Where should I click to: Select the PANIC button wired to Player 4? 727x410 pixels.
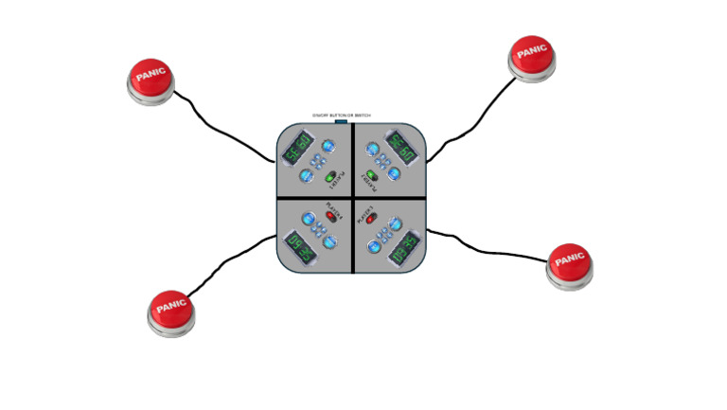(x=172, y=311)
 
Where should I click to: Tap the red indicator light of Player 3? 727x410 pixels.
(x=372, y=220)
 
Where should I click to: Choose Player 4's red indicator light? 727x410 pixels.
(x=331, y=216)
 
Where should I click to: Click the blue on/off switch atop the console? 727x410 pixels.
(x=341, y=122)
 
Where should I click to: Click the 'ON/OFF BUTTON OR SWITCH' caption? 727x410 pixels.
(x=341, y=116)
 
